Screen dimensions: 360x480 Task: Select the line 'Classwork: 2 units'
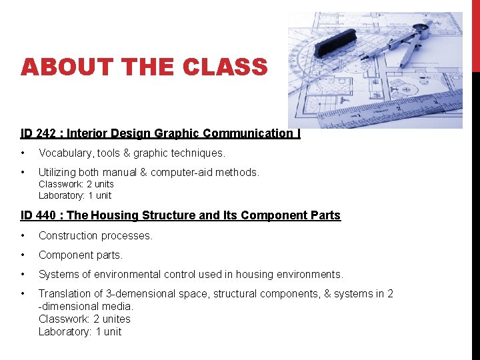(x=76, y=184)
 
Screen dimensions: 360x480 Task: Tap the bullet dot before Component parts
(x=23, y=255)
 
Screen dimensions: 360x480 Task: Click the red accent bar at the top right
(x=475, y=33)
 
